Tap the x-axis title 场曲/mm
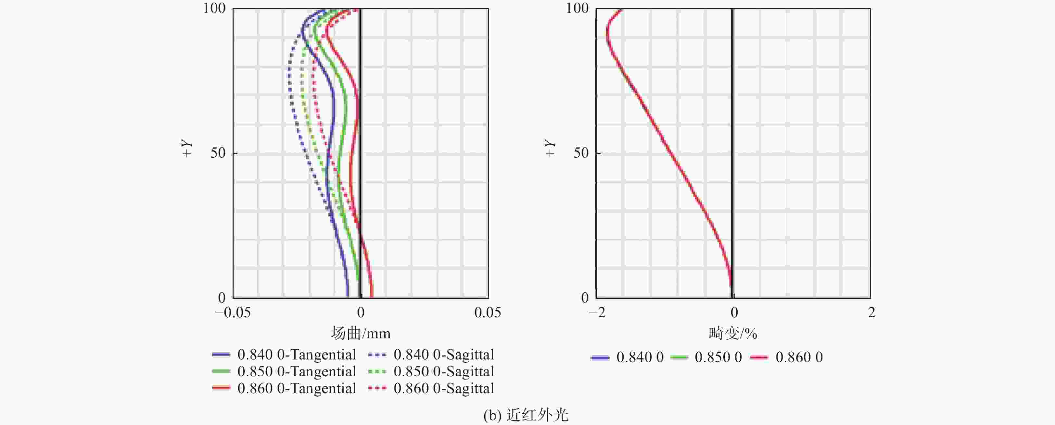pyautogui.click(x=361, y=334)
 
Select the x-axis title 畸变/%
pyautogui.click(x=733, y=334)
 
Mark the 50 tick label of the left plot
pyautogui.click(x=218, y=153)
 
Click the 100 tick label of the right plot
pyautogui.click(x=577, y=8)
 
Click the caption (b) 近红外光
pyautogui.click(x=526, y=416)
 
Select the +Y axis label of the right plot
pyautogui.click(x=550, y=148)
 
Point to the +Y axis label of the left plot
pyautogui.click(x=187, y=148)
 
